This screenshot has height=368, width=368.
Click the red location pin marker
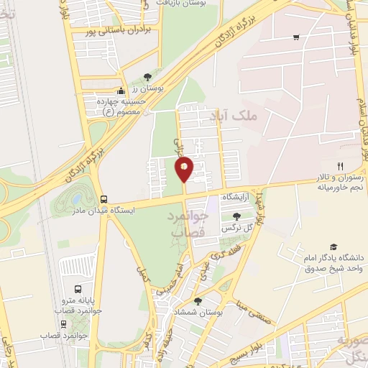click(184, 169)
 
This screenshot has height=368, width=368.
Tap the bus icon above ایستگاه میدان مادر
click(105, 199)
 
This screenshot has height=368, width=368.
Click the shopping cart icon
click(296, 37)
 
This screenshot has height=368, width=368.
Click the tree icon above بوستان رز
click(147, 76)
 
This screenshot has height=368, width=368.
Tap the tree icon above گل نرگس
click(237, 216)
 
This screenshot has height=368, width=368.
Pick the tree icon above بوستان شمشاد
click(198, 301)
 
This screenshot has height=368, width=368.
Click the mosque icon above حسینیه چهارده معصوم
click(121, 91)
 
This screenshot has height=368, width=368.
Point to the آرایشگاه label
click(236, 196)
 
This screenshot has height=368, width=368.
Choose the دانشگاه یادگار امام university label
click(332, 263)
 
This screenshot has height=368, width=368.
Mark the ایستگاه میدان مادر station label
click(105, 210)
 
